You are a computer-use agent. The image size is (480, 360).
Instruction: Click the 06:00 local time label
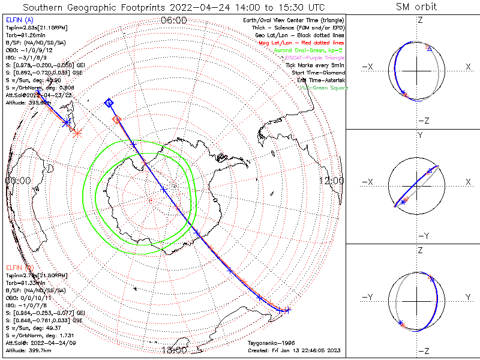pyautogui.click(x=174, y=20)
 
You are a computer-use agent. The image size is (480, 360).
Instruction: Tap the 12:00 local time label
pyautogui.click(x=331, y=181)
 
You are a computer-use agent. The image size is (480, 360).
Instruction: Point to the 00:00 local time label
pyautogui.click(x=18, y=181)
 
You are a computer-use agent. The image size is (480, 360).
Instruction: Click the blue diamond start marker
pyautogui.click(x=109, y=103)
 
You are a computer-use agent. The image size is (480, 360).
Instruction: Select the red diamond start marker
pyautogui.click(x=117, y=120)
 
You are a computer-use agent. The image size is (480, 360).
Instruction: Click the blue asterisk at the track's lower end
pyautogui.click(x=287, y=310)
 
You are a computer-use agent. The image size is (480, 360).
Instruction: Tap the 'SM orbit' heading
pyautogui.click(x=416, y=7)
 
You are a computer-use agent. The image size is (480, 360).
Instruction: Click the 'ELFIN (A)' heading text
pyautogui.click(x=19, y=20)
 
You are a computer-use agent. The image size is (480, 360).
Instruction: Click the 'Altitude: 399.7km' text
pyautogui.click(x=27, y=349)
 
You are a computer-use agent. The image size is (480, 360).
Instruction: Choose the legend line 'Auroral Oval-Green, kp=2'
pyautogui.click(x=307, y=51)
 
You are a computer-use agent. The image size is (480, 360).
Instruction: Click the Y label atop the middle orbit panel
pyautogui.click(x=420, y=136)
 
